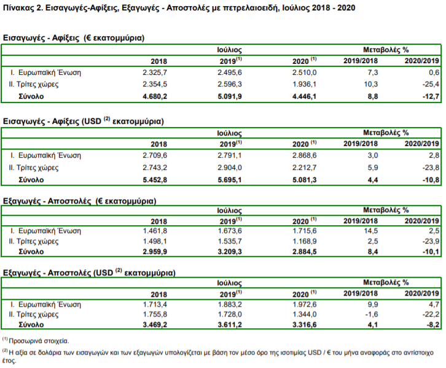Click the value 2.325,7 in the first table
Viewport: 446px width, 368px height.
pyautogui.click(x=155, y=72)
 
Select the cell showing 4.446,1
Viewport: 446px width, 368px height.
pyautogui.click(x=304, y=96)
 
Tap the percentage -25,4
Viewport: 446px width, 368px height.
pyautogui.click(x=431, y=85)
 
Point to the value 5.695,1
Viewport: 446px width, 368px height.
pyautogui.click(x=230, y=180)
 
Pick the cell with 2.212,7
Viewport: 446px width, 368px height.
pyautogui.click(x=304, y=167)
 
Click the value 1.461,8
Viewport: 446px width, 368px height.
pyautogui.click(x=155, y=231)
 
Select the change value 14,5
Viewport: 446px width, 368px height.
pyautogui.click(x=371, y=231)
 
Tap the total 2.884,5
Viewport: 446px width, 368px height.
pyautogui.click(x=304, y=251)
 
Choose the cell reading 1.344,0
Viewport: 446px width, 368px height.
pyautogui.click(x=304, y=314)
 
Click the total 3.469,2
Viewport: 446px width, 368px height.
pyautogui.click(x=155, y=324)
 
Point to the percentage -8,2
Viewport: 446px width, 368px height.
pyautogui.click(x=432, y=324)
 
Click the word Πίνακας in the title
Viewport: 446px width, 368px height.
pyautogui.click(x=19, y=7)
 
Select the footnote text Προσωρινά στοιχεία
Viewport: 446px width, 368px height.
pyautogui.click(x=39, y=341)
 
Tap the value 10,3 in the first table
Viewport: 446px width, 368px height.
pyautogui.click(x=371, y=85)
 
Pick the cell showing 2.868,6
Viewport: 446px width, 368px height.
pyautogui.click(x=304, y=155)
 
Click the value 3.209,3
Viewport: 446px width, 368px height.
pyautogui.click(x=230, y=251)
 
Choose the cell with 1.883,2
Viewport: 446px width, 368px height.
pyautogui.click(x=230, y=304)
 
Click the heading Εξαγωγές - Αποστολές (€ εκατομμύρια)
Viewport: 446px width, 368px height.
pyautogui.click(x=80, y=201)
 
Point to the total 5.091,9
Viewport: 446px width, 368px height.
pyautogui.click(x=230, y=96)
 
